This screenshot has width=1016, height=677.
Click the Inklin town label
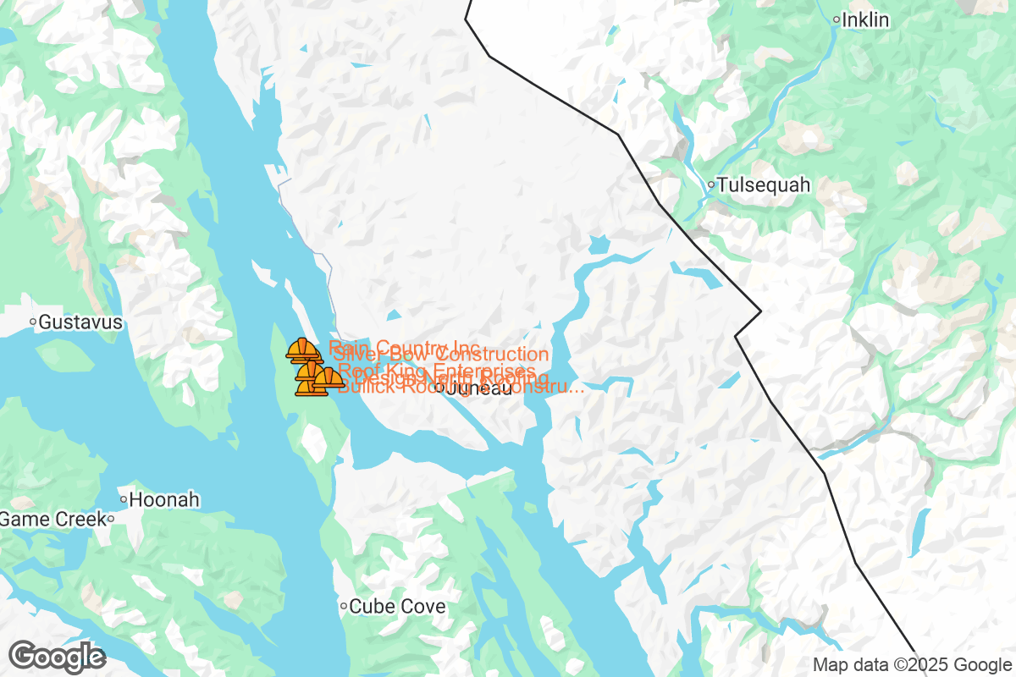tap(866, 19)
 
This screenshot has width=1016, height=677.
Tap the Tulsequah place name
tap(764, 184)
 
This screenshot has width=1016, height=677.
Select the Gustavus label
tap(80, 322)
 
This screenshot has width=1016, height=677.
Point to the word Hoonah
tap(165, 499)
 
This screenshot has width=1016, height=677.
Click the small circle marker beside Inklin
tap(836, 19)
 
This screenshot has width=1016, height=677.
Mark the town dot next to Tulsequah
tap(711, 184)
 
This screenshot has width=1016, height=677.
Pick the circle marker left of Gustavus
tap(33, 322)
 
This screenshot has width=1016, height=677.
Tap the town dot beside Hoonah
tap(124, 499)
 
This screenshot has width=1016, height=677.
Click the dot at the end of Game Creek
tap(110, 519)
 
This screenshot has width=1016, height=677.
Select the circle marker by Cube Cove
tap(344, 606)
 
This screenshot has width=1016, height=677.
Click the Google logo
tap(57, 656)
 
